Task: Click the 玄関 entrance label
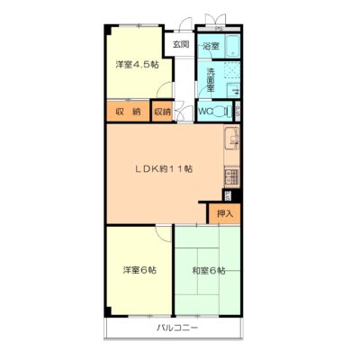click(181, 45)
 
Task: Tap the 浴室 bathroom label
click(211, 46)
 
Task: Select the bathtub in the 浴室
click(232, 46)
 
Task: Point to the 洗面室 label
click(211, 80)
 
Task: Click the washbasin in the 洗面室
click(233, 90)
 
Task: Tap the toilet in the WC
click(221, 112)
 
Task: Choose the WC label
click(205, 112)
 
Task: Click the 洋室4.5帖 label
click(138, 65)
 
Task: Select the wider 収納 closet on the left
click(129, 111)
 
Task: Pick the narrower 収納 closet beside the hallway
click(162, 112)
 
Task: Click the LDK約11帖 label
click(163, 168)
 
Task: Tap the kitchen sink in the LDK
click(231, 139)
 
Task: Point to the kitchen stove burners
click(232, 177)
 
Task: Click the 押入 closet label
click(225, 213)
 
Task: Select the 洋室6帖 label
click(139, 270)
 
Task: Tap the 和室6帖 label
click(209, 271)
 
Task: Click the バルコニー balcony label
click(177, 328)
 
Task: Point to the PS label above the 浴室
click(219, 29)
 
